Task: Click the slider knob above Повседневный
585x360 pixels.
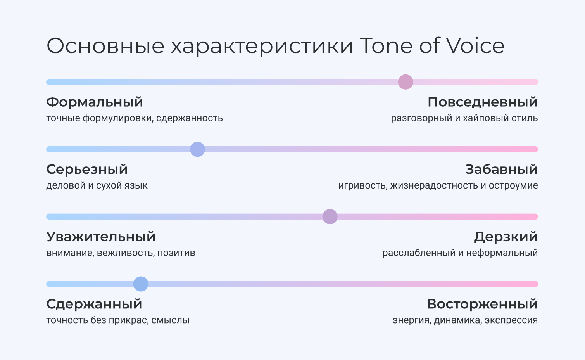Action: (406, 82)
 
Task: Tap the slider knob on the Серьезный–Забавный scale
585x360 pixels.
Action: (197, 149)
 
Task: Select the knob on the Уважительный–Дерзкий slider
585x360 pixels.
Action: (330, 216)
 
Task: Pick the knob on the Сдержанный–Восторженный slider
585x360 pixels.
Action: (141, 284)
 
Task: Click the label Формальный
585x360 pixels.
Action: (95, 102)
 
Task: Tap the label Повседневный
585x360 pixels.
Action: (483, 102)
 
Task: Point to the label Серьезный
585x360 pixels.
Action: (87, 169)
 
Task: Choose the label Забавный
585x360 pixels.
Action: (501, 169)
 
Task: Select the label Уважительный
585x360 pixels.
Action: (101, 237)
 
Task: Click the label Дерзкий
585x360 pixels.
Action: (506, 237)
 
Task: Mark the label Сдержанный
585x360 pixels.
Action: (94, 305)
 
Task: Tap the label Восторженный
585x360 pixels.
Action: (482, 304)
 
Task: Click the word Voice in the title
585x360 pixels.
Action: (475, 46)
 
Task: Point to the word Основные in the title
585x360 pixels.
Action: (105, 46)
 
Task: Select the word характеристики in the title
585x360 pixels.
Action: (262, 47)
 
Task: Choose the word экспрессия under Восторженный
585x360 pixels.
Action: (511, 320)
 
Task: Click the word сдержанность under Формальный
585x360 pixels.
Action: (190, 118)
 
